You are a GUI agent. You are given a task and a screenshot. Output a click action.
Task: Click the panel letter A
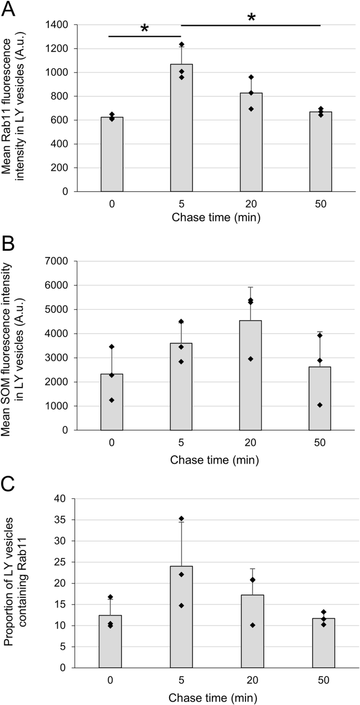[x=9, y=9]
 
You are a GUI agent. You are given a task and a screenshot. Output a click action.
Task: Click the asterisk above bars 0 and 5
[x=145, y=29]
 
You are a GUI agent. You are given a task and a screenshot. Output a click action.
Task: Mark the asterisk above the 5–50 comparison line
[x=251, y=17]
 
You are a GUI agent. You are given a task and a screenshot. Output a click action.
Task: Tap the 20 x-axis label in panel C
[x=251, y=680]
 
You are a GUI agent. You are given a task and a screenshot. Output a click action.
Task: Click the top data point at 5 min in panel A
[x=181, y=45]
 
